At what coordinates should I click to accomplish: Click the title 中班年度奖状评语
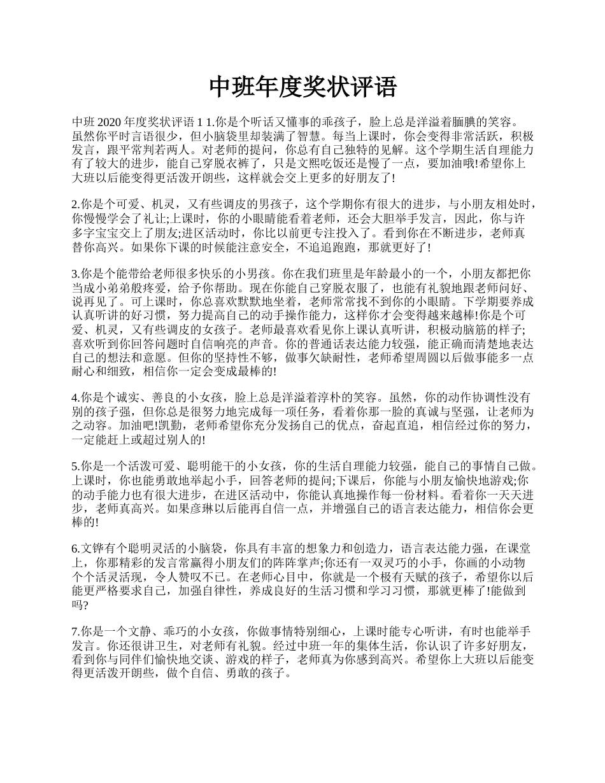302,87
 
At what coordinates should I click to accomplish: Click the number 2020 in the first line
110,122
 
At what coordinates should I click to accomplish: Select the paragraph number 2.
75,204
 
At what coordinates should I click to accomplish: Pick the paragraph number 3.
75,274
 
